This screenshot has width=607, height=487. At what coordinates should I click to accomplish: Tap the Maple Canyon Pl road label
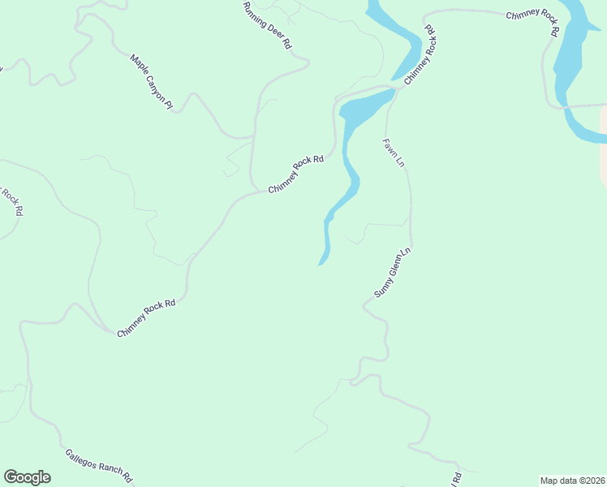point(152,82)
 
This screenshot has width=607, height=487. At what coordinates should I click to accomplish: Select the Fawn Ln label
point(394,152)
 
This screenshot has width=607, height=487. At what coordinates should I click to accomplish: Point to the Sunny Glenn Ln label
point(394,273)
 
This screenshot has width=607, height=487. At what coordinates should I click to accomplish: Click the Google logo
point(27,477)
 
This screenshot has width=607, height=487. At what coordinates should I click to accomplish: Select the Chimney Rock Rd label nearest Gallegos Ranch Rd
point(146,318)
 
